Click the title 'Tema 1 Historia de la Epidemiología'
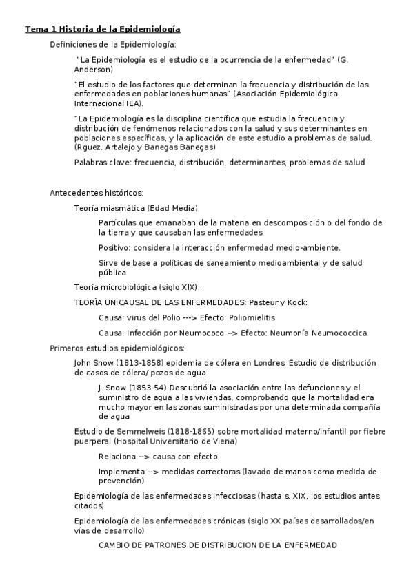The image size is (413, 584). click(x=103, y=29)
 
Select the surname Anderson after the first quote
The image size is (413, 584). click(x=94, y=70)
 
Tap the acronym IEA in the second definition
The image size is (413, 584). click(x=132, y=103)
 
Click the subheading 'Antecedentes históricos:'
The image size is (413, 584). click(x=97, y=193)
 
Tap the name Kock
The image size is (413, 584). click(x=296, y=302)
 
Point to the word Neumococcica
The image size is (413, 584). click(x=338, y=333)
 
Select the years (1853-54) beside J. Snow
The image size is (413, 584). click(x=145, y=388)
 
